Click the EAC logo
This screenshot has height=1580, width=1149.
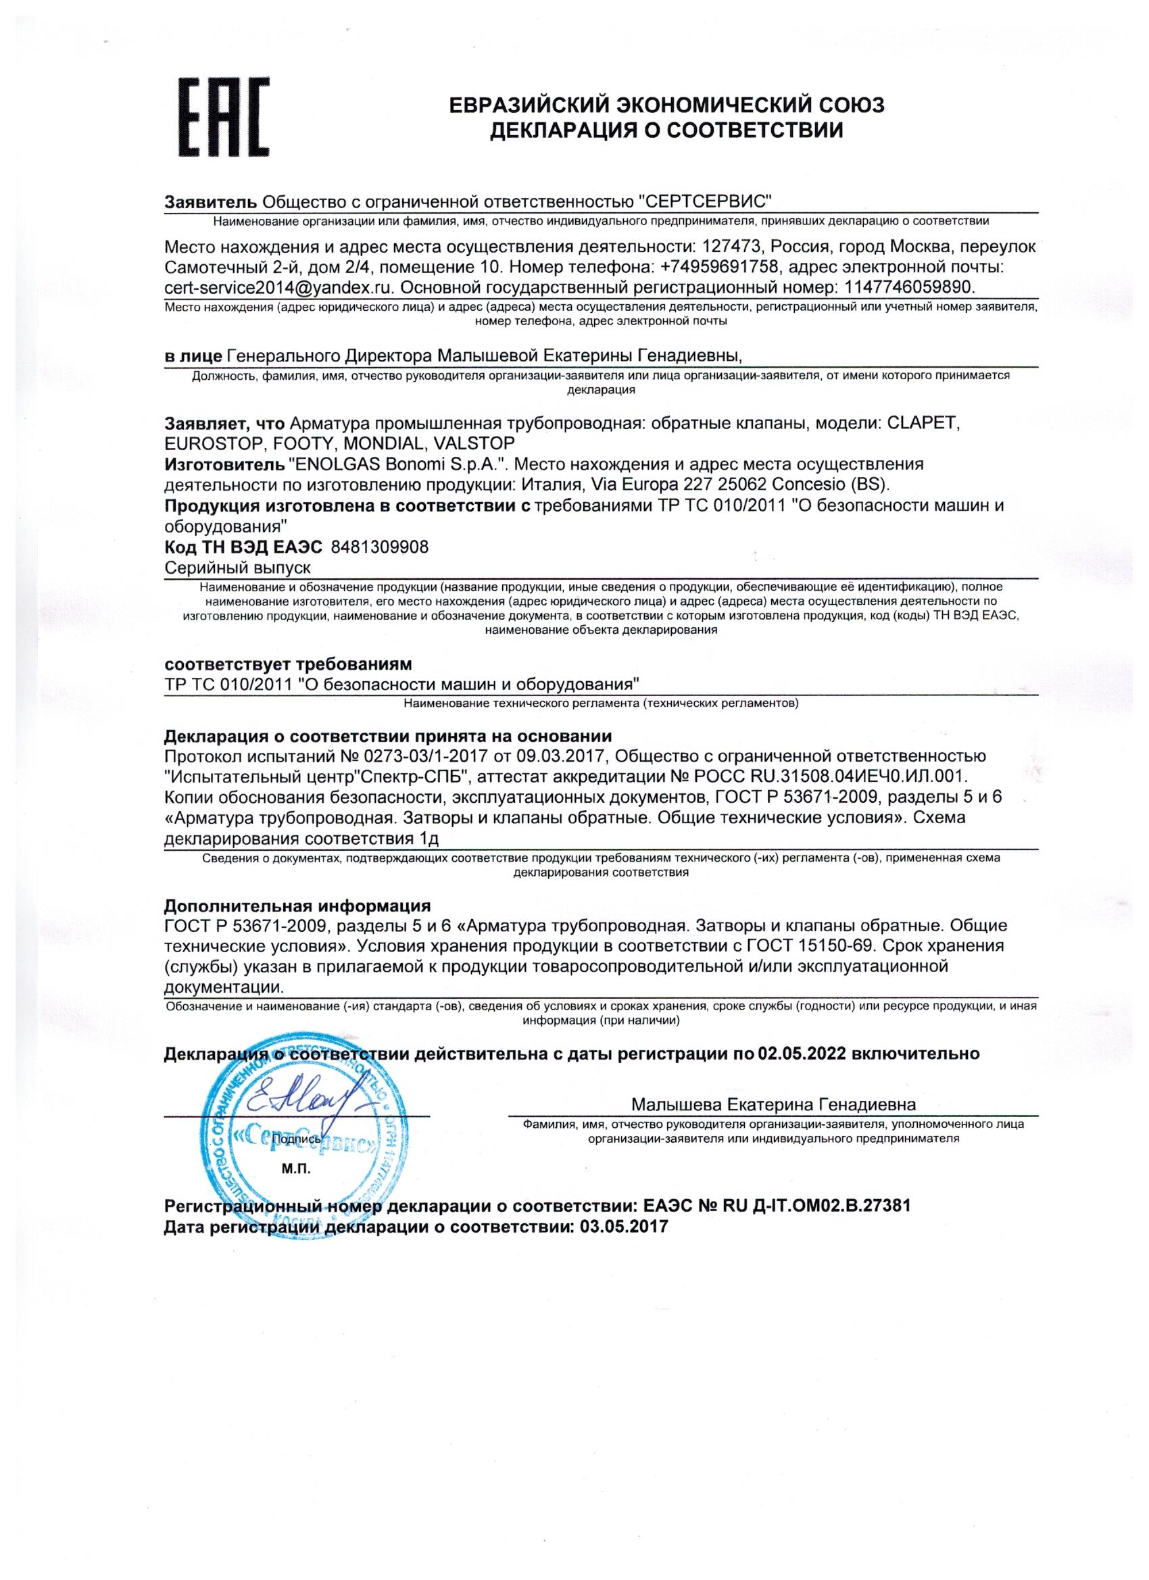click(224, 117)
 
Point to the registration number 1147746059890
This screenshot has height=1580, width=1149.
click(908, 287)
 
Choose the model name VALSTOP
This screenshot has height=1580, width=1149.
click(474, 444)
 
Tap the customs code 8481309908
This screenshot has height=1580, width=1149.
click(380, 547)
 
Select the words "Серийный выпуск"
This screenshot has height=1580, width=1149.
click(237, 567)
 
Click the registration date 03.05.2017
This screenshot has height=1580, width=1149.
click(623, 1227)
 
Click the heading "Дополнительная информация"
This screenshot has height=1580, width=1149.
click(297, 906)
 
